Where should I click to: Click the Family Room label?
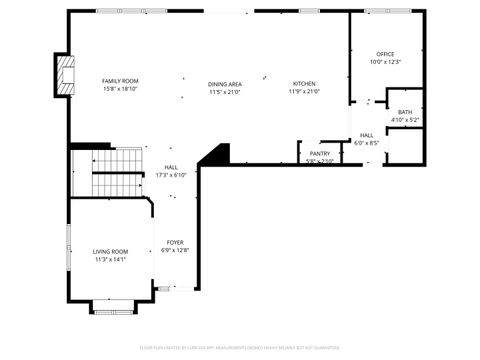point(120,80)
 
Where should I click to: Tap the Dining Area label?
point(225,84)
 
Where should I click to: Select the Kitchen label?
point(304,84)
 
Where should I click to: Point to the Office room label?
point(385,54)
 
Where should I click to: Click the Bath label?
point(404,112)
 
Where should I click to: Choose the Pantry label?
point(320,153)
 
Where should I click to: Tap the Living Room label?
point(111,251)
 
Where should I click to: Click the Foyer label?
point(175,242)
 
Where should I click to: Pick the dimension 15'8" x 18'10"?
point(120,89)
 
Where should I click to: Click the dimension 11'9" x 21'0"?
point(304,92)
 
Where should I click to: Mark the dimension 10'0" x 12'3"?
point(385,62)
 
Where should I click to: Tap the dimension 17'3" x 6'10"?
point(171,175)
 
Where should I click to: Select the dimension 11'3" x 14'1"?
point(111,259)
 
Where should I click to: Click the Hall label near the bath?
point(367,135)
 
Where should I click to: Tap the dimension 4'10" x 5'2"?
point(404,120)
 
